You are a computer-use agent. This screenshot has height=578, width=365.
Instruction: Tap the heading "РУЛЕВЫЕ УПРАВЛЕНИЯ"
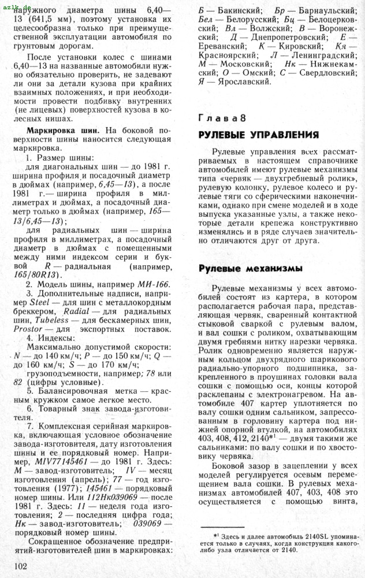pos(258,135)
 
